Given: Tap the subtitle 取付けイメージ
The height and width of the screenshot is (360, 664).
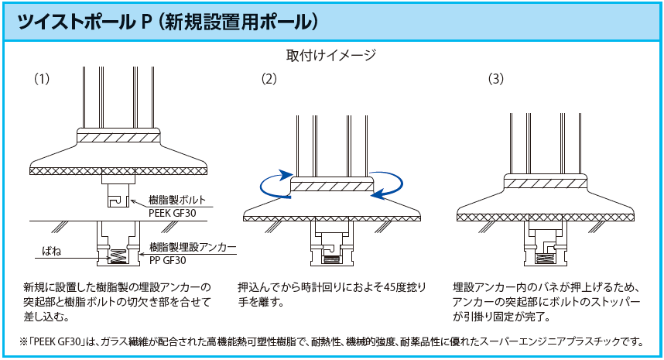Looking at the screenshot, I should click(331, 55).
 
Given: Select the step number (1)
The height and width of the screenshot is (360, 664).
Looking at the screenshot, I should click(42, 78).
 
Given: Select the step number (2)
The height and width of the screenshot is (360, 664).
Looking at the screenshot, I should click(269, 78).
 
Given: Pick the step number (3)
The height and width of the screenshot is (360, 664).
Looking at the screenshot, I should click(496, 78).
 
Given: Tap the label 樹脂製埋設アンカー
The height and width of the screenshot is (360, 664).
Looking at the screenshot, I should click(192, 246).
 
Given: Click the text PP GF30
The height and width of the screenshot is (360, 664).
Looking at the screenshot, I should click(170, 259).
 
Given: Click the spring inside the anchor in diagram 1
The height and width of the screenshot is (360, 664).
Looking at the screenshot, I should click(118, 254).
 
